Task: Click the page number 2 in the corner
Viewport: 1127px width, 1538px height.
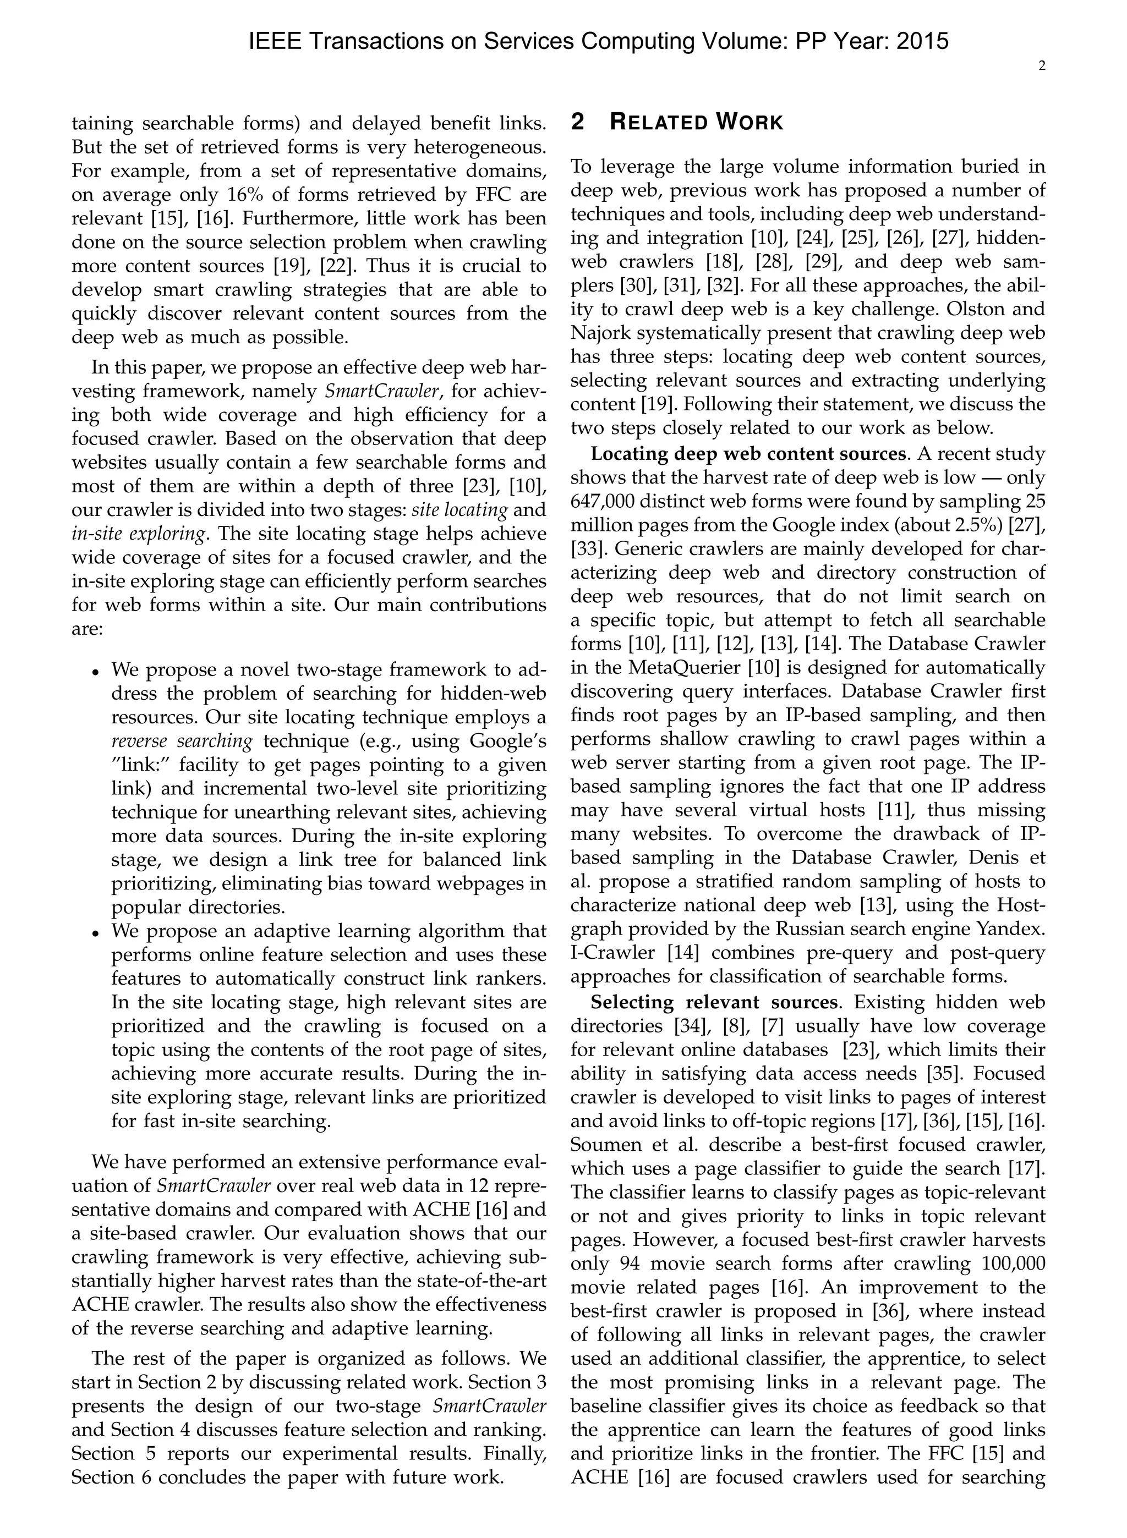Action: point(1042,67)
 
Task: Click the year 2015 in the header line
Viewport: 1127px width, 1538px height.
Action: point(922,42)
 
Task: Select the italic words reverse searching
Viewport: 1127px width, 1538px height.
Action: point(182,741)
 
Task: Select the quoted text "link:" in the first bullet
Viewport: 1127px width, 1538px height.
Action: point(145,765)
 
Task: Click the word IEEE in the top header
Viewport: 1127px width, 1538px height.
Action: point(274,42)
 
